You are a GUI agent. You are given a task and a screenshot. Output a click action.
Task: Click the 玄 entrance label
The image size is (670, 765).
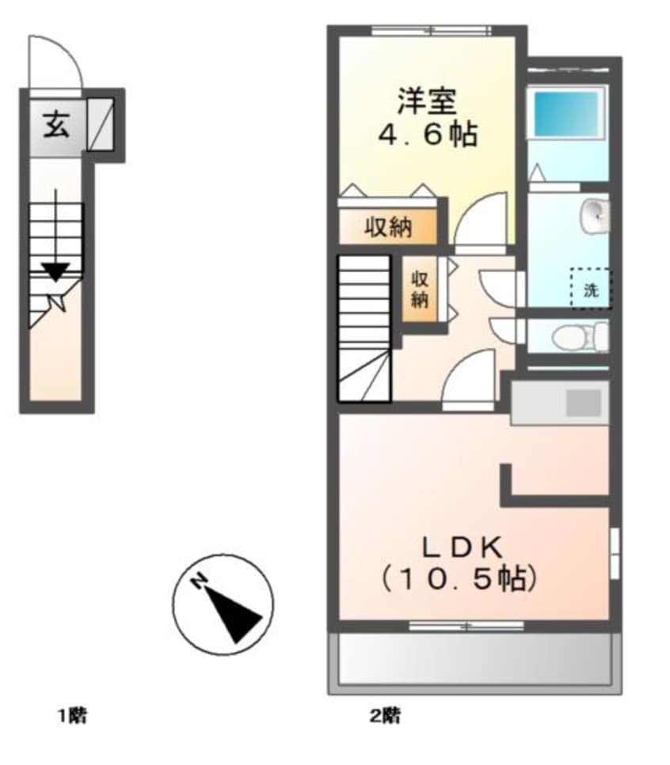[x=55, y=126]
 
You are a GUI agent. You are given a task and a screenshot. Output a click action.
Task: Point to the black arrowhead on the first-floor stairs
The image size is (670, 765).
[x=55, y=271]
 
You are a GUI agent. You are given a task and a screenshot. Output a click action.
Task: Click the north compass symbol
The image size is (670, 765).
[x=223, y=604]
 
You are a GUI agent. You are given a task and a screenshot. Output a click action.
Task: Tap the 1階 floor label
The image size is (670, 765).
[x=71, y=717]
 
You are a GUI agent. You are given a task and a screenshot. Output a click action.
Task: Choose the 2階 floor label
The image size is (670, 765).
[x=385, y=717]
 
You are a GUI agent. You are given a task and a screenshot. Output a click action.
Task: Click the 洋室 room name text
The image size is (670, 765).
[x=426, y=103]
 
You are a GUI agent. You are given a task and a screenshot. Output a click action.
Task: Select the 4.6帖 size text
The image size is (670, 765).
[x=426, y=134]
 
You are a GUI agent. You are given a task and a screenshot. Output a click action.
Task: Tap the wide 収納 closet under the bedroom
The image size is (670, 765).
[x=387, y=228]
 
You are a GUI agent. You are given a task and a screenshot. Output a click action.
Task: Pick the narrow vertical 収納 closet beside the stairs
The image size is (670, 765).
[x=419, y=289]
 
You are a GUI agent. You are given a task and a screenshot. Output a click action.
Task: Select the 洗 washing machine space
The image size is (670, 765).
[x=591, y=289]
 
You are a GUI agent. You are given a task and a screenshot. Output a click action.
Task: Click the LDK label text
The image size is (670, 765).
[x=459, y=547]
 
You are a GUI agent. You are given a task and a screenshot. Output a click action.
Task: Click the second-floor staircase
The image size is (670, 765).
[x=364, y=326]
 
